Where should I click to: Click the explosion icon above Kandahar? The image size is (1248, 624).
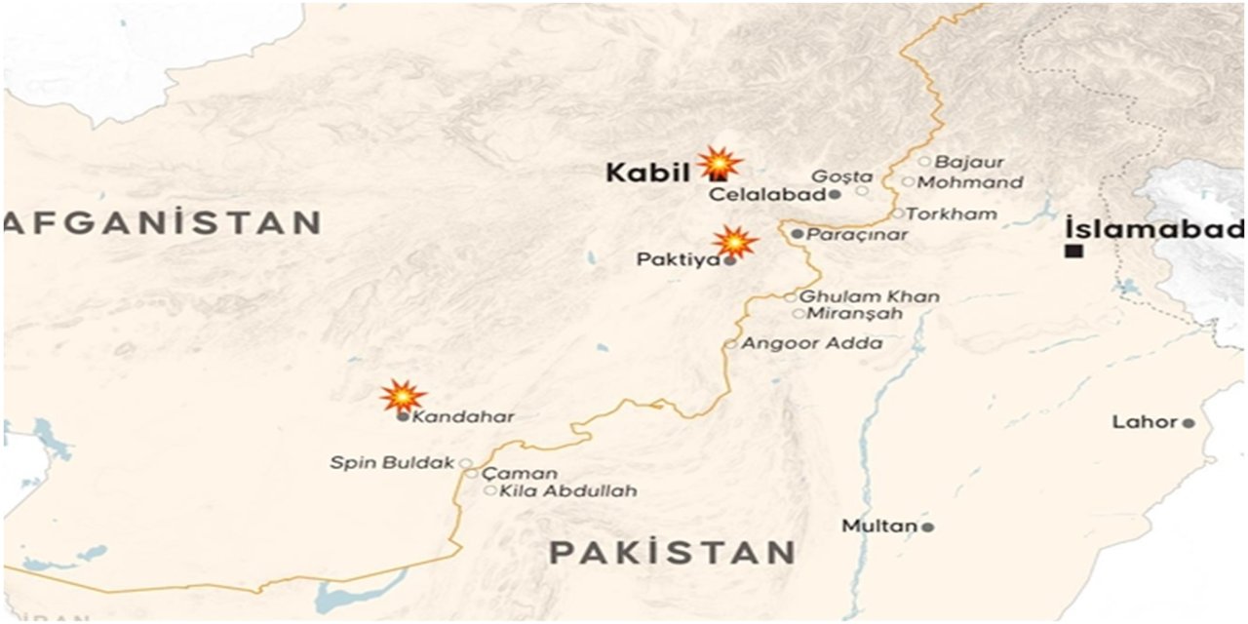[403, 395]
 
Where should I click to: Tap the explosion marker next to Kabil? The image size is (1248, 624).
[720, 163]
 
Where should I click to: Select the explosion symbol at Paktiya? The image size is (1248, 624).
[735, 241]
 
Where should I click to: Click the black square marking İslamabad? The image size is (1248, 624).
[1074, 252]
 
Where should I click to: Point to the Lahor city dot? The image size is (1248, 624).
[1189, 423]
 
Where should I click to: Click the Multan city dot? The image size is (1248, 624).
[927, 527]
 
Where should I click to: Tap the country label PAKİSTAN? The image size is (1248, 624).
[672, 553]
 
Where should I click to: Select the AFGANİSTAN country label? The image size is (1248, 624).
[163, 222]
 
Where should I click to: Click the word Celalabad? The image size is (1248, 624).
[767, 195]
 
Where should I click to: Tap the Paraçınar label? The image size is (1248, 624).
[857, 235]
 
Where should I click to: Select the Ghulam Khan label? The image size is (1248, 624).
[870, 296]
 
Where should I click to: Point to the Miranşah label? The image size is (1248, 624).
[854, 314]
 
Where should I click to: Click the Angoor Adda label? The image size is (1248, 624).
[812, 343]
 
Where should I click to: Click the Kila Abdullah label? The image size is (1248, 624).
[567, 490]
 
